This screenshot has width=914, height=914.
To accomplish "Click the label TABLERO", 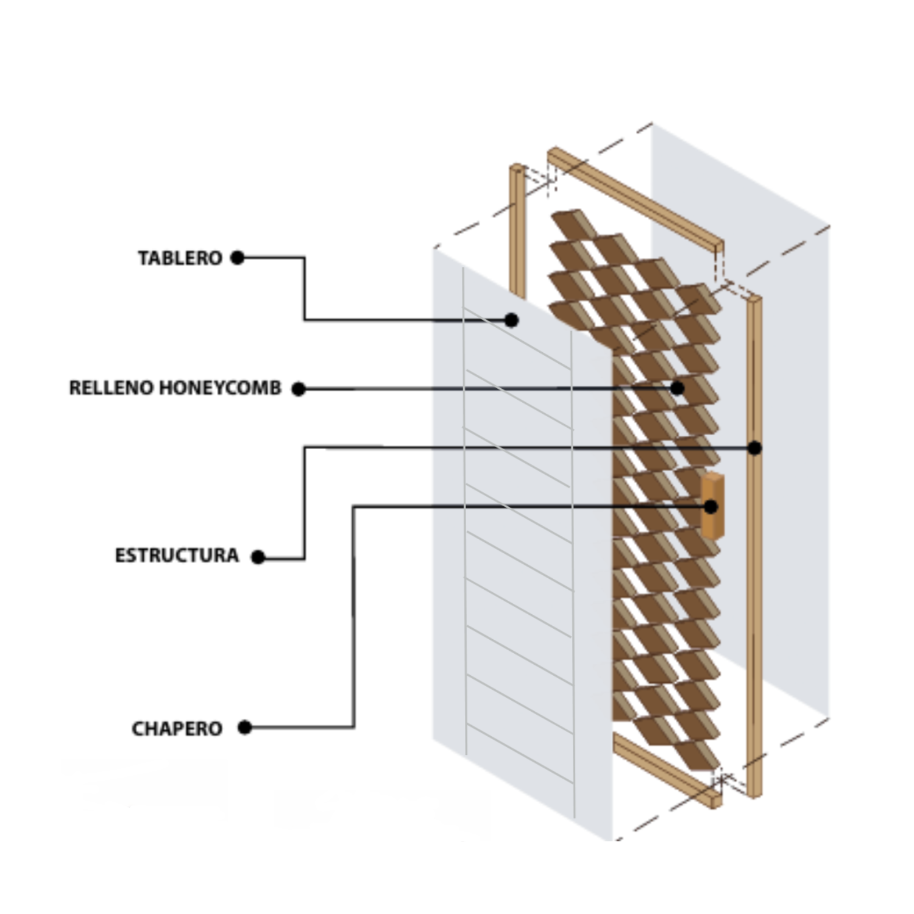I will (180, 258).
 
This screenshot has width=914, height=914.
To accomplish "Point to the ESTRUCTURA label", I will (177, 556).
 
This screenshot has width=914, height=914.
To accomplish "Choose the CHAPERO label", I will (177, 729).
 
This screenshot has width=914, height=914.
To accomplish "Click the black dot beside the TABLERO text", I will (238, 258).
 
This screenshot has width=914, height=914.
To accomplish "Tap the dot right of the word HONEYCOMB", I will (299, 389).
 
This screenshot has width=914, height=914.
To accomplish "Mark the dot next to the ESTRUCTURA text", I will (258, 557).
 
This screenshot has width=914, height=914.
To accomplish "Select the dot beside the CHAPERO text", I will (245, 727).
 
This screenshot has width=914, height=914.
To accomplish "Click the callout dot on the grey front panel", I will (512, 320).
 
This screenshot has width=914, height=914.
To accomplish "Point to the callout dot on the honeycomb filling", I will (677, 388).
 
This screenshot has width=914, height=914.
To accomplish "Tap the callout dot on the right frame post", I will (754, 448).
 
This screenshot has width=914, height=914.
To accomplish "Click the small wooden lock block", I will (712, 506).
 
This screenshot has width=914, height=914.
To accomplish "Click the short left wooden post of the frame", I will (517, 232).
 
